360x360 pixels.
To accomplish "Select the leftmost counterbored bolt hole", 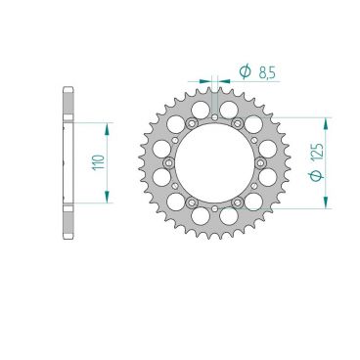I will (168, 162).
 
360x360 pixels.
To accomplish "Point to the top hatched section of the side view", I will (67, 104).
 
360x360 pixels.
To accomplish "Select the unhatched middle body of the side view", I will (67, 162).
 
